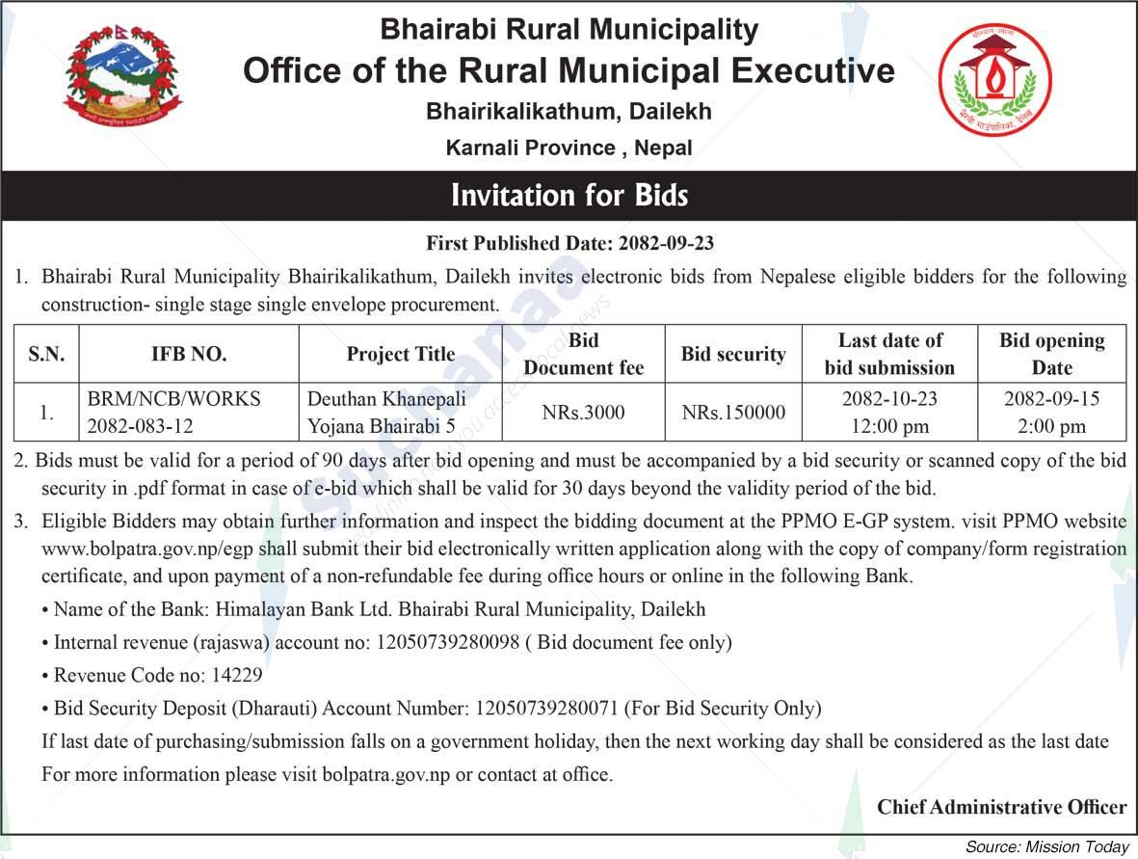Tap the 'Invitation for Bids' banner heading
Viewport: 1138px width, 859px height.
(569, 196)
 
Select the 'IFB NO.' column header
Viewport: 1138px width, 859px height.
(189, 354)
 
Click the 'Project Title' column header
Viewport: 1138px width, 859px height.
(401, 354)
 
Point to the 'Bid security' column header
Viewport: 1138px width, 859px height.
(733, 354)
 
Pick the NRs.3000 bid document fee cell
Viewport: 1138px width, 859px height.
(583, 413)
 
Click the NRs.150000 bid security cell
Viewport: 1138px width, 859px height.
(733, 413)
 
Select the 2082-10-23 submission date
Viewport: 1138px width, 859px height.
(888, 399)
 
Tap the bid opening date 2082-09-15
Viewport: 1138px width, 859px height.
(1051, 399)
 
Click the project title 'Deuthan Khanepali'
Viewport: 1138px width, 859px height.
(386, 399)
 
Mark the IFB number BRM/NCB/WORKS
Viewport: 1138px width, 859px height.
(174, 399)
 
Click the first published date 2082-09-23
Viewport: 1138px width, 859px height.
(667, 243)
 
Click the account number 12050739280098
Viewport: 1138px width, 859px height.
(448, 642)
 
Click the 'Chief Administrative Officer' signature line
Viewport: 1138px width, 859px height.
(1001, 807)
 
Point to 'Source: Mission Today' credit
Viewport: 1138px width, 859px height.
(1046, 846)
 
